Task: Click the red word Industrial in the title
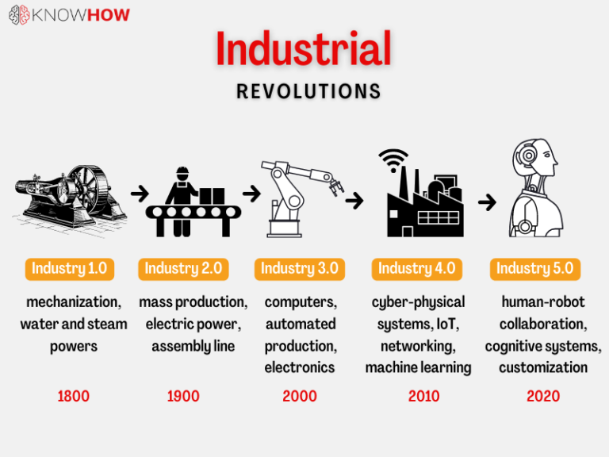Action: (304, 49)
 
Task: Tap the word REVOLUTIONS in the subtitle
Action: (308, 92)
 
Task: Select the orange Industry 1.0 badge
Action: (69, 269)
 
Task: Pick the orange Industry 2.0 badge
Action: (183, 269)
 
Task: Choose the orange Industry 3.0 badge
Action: (300, 269)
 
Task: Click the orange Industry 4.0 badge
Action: (416, 269)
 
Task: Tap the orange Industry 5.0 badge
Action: (534, 269)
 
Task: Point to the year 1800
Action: (74, 396)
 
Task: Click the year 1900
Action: (183, 396)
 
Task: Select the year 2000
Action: (300, 396)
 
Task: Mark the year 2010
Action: (423, 396)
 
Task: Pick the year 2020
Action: (543, 396)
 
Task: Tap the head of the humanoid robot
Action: (529, 158)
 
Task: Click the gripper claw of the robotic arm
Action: (335, 188)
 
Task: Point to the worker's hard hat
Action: (182, 172)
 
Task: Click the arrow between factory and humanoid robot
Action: (487, 202)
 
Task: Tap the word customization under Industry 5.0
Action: (543, 367)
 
